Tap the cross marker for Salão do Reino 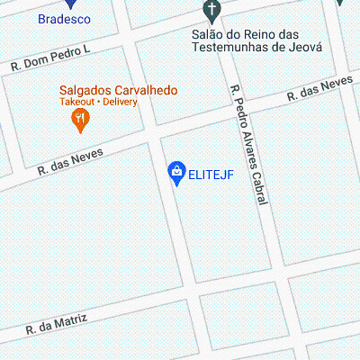(x=211, y=11)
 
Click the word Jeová (x=302, y=47)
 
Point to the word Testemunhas (x=229, y=47)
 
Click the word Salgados (x=85, y=90)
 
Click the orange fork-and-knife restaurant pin (x=80, y=119)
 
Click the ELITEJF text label (x=211, y=175)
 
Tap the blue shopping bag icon (x=177, y=171)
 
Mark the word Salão (x=207, y=34)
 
